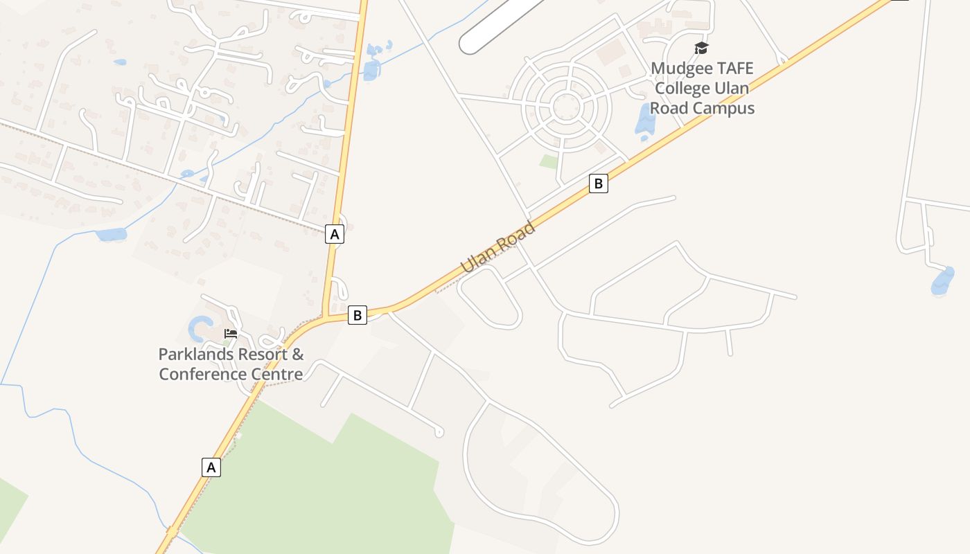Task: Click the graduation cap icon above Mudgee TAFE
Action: coord(702,48)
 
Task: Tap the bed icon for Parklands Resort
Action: coord(231,334)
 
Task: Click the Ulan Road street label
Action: coord(498,246)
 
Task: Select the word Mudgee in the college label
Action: coord(682,69)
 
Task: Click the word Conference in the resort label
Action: coord(202,375)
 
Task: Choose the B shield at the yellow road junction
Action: coord(357,316)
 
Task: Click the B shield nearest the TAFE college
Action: coord(598,184)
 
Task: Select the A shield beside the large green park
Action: coord(211,467)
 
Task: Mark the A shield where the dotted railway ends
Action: coord(335,234)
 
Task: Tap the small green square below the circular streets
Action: coord(549,162)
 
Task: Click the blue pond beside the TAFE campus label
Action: coord(645,122)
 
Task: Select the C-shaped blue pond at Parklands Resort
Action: coord(200,328)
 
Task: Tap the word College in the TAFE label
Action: coord(682,89)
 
